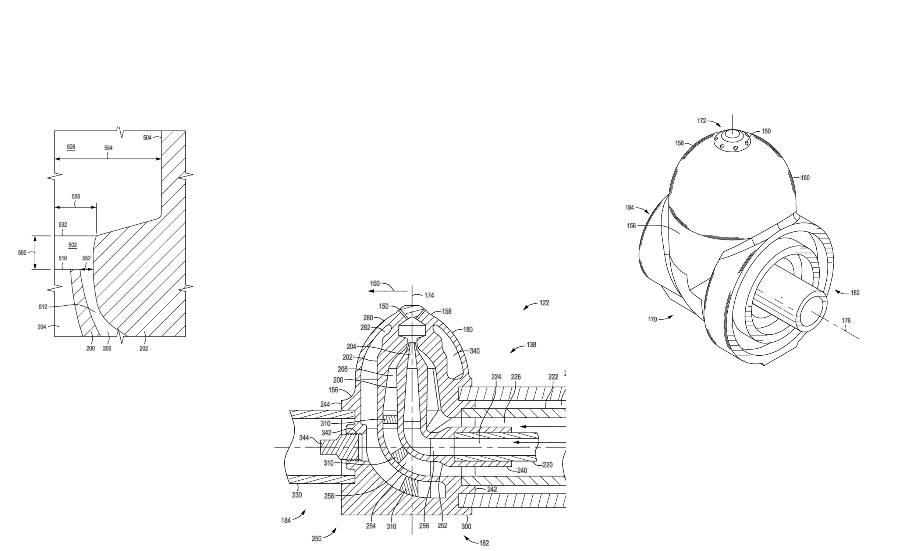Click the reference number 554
[108, 148]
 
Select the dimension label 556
[76, 196]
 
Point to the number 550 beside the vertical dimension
[22, 253]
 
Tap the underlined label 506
[71, 147]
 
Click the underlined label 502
[72, 245]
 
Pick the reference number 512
[43, 307]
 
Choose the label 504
[147, 138]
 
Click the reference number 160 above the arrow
[375, 284]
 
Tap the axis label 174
[429, 295]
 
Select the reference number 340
[475, 351]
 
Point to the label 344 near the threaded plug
[304, 438]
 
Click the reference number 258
[329, 496]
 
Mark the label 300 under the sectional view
[466, 526]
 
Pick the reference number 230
[297, 495]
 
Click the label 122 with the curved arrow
[544, 303]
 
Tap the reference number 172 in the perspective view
[702, 121]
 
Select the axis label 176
[846, 320]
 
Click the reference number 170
[652, 319]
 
